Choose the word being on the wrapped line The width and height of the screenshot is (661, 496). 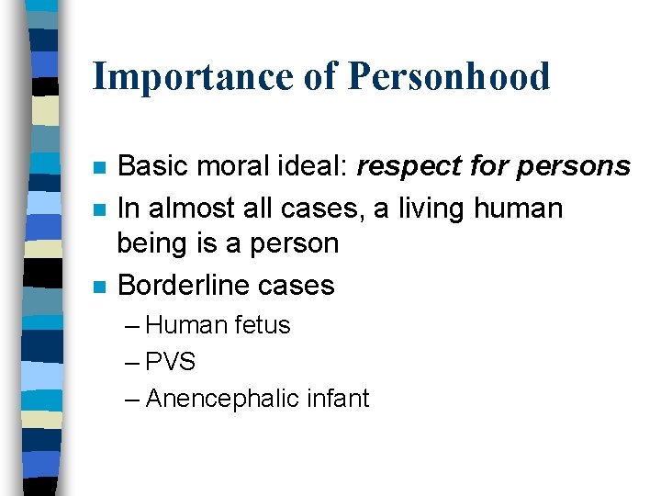pos(149,243)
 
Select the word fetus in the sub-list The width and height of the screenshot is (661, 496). pos(262,325)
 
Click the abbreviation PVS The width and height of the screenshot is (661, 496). pos(171,362)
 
